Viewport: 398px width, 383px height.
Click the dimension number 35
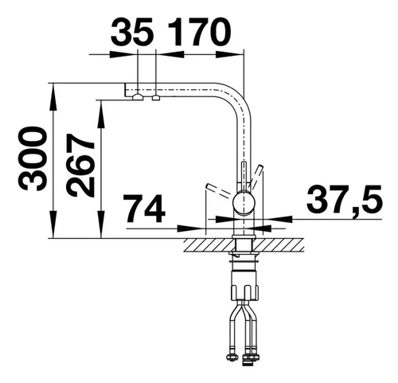pyautogui.click(x=132, y=31)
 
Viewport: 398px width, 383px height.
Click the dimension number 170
pyautogui.click(x=200, y=31)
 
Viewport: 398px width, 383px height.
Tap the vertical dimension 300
pyautogui.click(x=33, y=158)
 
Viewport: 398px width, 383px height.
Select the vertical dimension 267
pyautogui.click(x=80, y=165)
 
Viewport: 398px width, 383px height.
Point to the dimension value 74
pyautogui.click(x=146, y=208)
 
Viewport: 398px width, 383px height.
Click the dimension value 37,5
pyautogui.click(x=344, y=198)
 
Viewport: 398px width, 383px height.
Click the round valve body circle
pyautogui.click(x=244, y=203)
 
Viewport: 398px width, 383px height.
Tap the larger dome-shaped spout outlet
pyautogui.click(x=138, y=97)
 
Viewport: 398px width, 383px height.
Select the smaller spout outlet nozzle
pyautogui.click(x=156, y=98)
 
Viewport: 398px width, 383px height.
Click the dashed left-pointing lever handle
pyautogui.click(x=220, y=190)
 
